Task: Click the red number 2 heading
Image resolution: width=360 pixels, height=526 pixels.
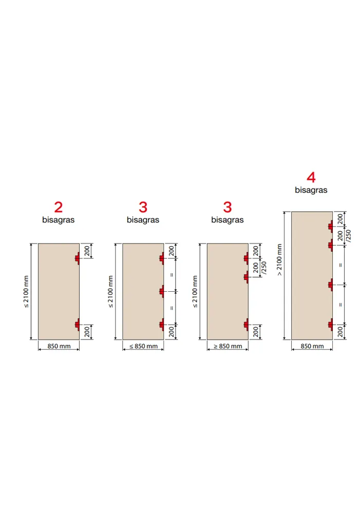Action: [x=59, y=207]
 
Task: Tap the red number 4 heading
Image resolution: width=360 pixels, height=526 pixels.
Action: [x=311, y=177]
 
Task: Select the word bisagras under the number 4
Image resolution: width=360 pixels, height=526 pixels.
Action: [x=311, y=190]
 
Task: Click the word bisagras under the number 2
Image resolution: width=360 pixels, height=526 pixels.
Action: [x=59, y=220]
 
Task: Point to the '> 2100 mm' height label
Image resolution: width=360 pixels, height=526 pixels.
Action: [x=279, y=260]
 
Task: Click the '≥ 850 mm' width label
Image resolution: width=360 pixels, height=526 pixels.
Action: [x=228, y=346]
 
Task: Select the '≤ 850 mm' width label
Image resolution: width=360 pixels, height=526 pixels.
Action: [x=144, y=346]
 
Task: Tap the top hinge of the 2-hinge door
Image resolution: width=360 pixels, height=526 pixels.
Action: [x=77, y=258]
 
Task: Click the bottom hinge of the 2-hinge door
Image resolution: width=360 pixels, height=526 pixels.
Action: [x=77, y=325]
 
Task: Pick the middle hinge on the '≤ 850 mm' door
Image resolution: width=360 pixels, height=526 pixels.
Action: [x=162, y=292]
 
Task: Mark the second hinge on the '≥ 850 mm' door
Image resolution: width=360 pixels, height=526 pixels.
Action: [x=247, y=277]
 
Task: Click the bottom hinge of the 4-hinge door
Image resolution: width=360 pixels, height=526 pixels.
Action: [x=331, y=325]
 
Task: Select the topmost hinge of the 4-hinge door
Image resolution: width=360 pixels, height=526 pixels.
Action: [x=331, y=227]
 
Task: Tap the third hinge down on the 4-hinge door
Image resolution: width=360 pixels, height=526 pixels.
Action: [x=331, y=285]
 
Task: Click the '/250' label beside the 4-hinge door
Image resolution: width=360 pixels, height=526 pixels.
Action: [x=349, y=236]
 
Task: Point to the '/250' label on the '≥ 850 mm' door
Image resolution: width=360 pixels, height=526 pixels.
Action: [x=264, y=268]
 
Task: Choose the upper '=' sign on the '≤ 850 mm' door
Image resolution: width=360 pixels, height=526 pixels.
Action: [x=172, y=275]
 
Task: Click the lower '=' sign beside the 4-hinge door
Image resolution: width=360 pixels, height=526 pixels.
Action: [x=340, y=305]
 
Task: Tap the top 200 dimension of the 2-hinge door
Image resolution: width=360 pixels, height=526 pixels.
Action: [x=87, y=251]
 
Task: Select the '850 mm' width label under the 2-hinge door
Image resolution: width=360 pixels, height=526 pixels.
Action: [x=59, y=346]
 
